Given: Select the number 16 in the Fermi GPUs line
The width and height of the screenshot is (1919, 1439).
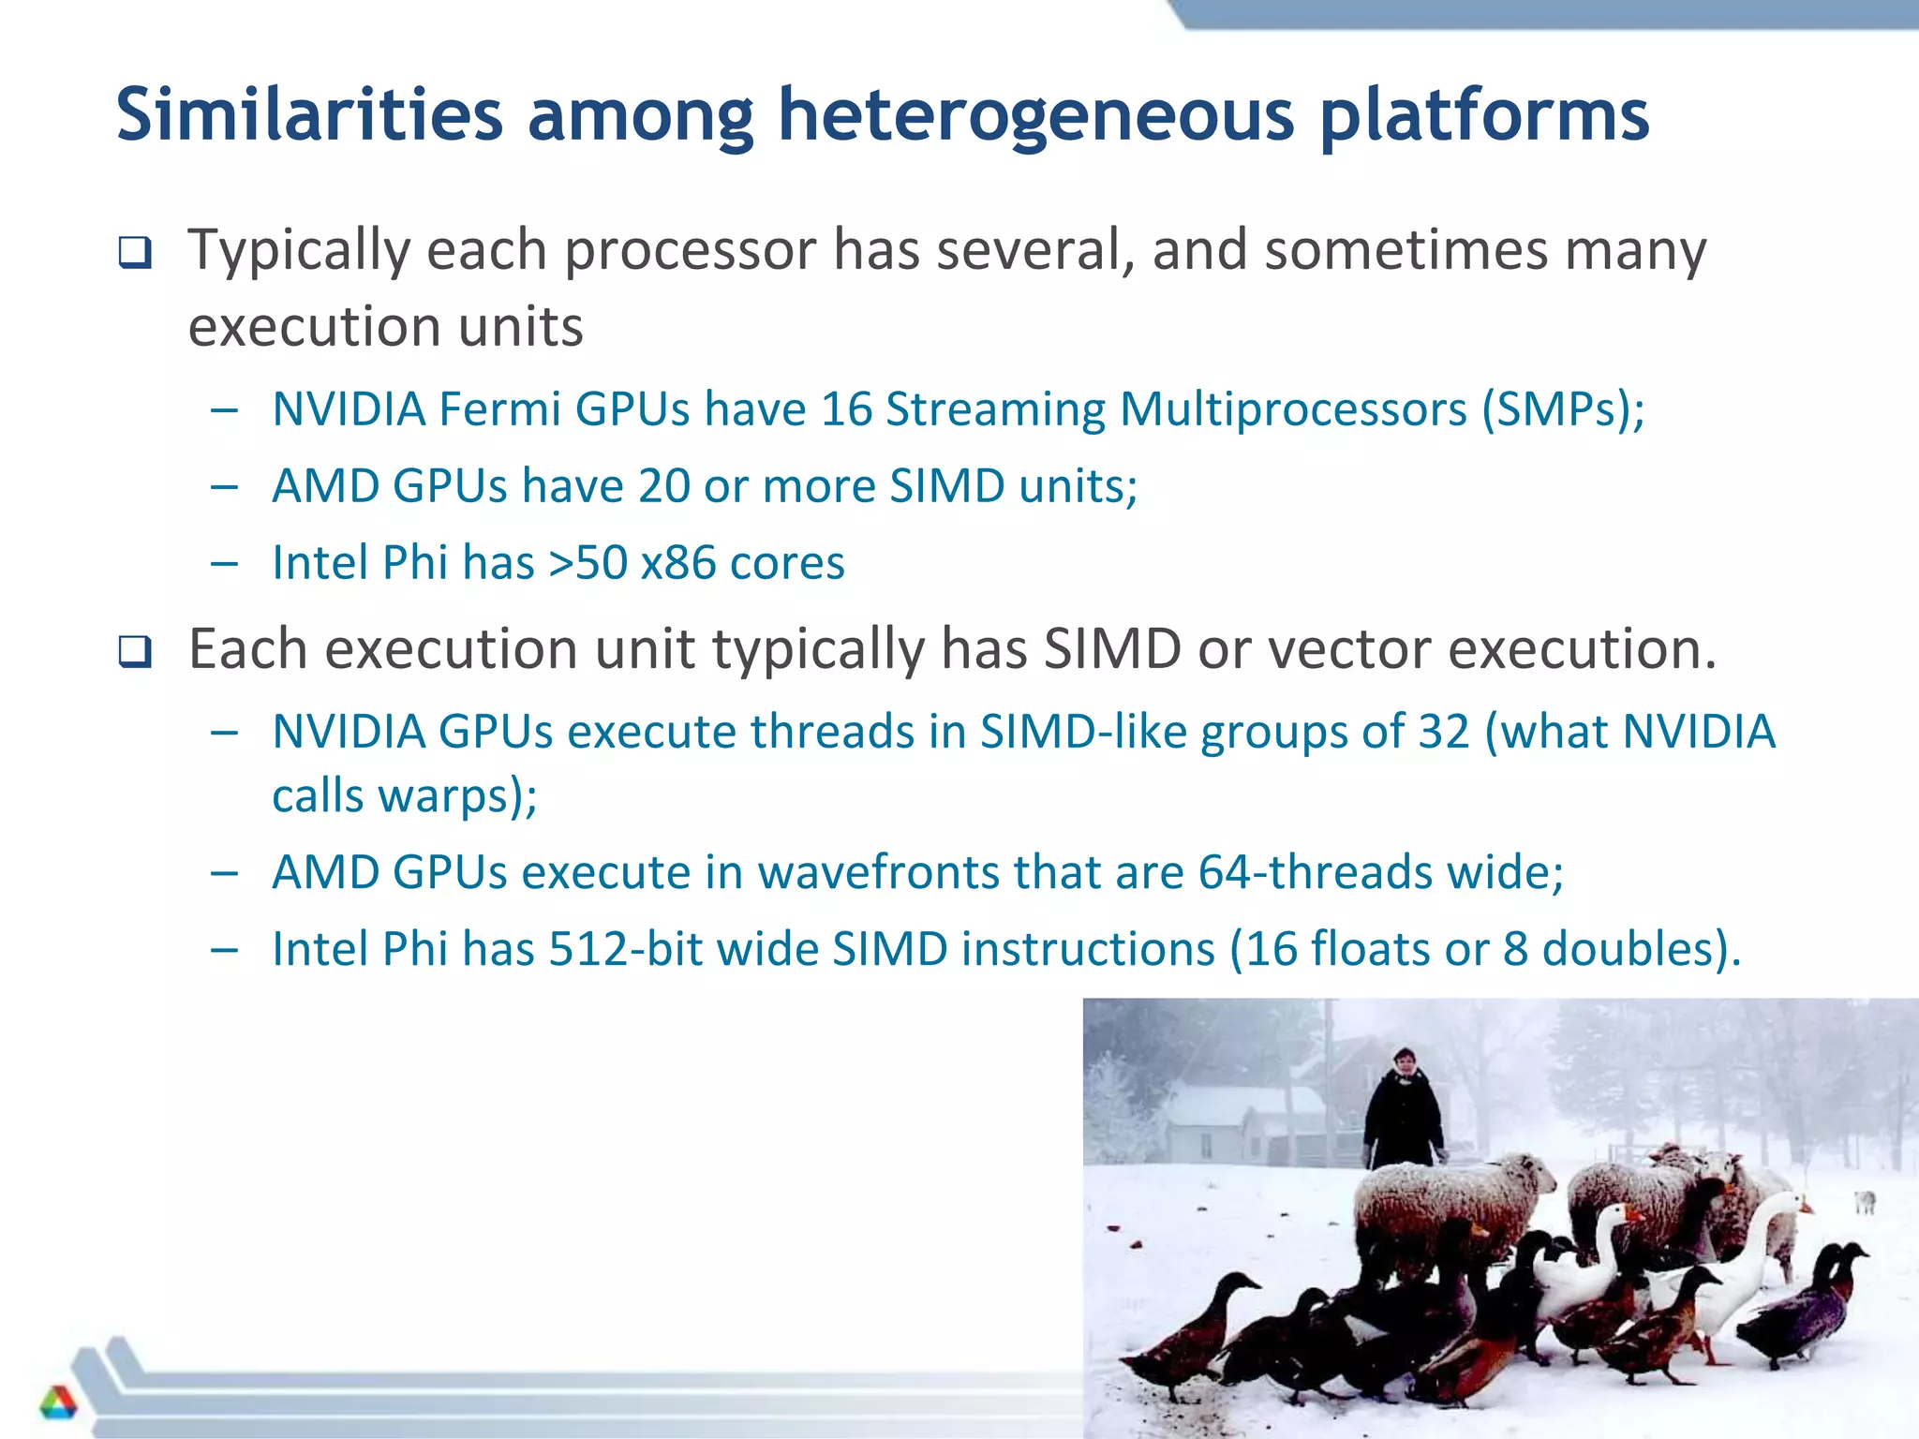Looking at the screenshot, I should (846, 409).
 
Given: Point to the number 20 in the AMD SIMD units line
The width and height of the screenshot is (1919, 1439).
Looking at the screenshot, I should (663, 486).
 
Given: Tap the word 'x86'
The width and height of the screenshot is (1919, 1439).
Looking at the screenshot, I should (678, 563).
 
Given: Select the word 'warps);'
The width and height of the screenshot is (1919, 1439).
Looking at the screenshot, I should (457, 796).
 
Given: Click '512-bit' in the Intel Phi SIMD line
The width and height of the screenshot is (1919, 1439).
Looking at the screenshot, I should (625, 949).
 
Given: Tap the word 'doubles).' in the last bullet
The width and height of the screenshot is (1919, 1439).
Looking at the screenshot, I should (1641, 949).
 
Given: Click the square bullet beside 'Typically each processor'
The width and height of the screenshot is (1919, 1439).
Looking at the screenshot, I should (135, 253).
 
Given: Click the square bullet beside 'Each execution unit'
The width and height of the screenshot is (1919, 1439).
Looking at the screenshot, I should (135, 651).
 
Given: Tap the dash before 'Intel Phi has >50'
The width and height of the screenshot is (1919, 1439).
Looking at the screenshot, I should (225, 564).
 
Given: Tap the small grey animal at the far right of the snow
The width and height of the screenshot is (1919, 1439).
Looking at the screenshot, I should (1865, 1200).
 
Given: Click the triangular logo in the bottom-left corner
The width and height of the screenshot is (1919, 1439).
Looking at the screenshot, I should (58, 1402).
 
